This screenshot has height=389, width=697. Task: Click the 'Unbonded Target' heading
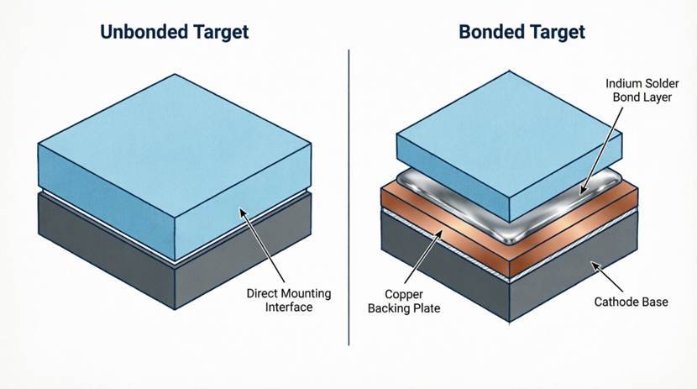[x=174, y=32]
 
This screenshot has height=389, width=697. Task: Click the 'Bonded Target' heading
[x=521, y=32]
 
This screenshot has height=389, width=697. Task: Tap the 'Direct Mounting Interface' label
[x=289, y=300]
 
